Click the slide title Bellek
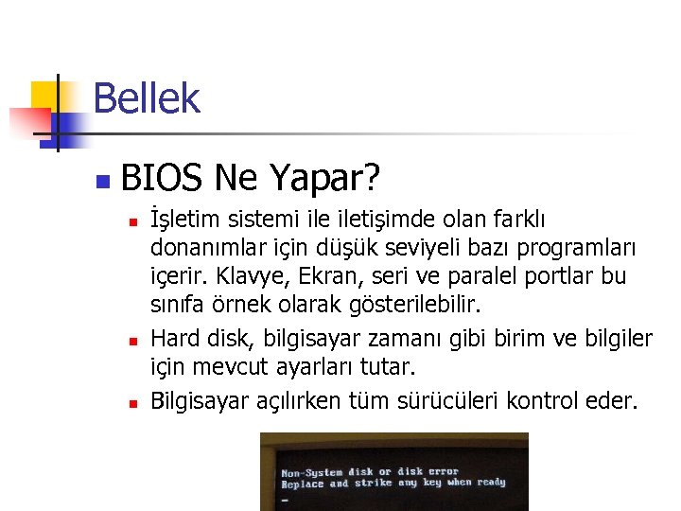click(147, 98)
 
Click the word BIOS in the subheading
click(162, 176)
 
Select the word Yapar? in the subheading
click(325, 177)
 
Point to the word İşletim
click(186, 220)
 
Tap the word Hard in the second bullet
click(173, 337)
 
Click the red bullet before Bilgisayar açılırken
click(133, 401)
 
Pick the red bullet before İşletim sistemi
click(133, 221)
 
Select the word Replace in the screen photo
click(303, 484)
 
